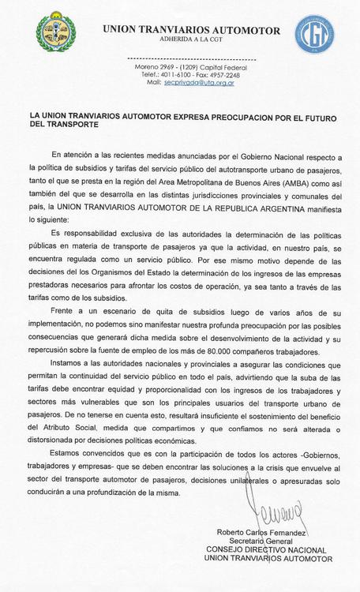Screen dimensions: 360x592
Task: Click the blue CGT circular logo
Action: tap(314, 34)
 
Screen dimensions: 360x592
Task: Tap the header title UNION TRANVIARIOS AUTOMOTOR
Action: tap(191, 30)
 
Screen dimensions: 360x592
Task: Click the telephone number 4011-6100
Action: tap(179, 75)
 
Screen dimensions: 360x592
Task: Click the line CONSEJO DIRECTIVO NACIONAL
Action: tap(266, 549)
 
